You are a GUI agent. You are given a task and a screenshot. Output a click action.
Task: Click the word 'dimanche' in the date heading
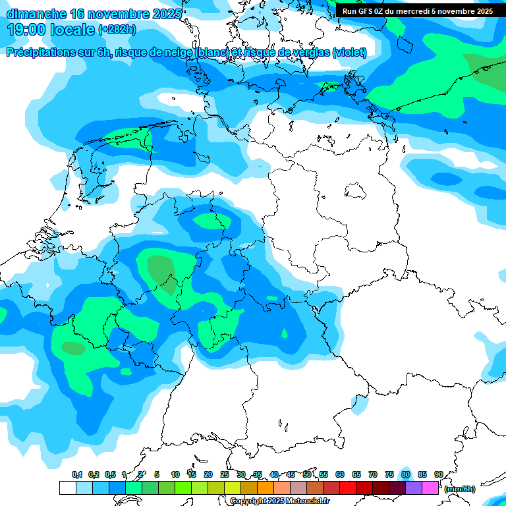[36, 14]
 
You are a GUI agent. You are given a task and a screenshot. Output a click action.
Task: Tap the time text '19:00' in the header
[29, 29]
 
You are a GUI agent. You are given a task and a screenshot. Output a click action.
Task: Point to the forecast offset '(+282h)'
[117, 30]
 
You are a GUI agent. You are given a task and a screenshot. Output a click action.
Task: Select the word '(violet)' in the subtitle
[349, 52]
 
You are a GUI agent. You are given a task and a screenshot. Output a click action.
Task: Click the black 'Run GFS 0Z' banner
[417, 11]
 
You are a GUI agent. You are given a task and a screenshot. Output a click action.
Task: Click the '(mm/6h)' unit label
[460, 489]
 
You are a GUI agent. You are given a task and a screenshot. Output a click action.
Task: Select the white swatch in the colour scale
[68, 488]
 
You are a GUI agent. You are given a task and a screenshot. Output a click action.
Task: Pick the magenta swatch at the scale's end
[430, 488]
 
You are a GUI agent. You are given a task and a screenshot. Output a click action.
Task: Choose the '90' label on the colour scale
[438, 474]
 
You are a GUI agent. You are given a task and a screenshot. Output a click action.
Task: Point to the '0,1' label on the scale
[77, 474]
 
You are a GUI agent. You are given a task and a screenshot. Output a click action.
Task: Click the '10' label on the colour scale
[175, 474]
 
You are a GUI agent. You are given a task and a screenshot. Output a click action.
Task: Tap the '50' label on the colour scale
[307, 474]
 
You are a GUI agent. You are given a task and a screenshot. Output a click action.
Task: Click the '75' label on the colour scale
[389, 474]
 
